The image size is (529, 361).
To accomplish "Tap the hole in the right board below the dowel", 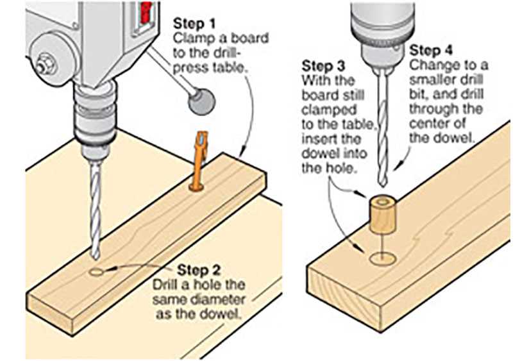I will coord(383,258).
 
